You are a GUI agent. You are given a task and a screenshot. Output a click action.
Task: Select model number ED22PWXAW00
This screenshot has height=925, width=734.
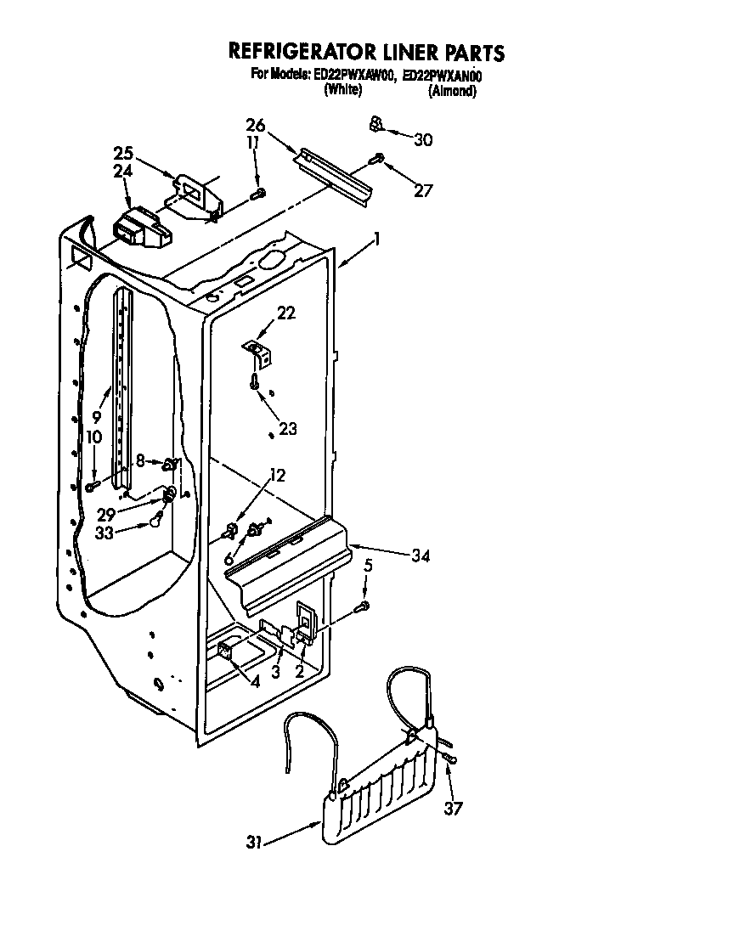click(354, 76)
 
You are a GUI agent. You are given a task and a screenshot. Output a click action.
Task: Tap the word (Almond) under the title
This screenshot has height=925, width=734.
click(451, 91)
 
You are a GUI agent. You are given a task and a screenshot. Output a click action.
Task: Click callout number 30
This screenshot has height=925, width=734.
click(423, 140)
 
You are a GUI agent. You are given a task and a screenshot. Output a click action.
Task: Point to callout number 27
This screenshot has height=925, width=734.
click(422, 190)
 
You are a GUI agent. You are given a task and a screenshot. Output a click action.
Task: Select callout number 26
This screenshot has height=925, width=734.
click(256, 125)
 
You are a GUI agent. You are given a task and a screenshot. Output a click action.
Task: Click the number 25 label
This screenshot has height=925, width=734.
click(124, 153)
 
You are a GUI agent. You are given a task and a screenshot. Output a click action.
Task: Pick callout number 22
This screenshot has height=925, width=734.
click(286, 313)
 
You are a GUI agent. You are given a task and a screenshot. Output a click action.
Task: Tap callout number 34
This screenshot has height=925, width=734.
click(420, 556)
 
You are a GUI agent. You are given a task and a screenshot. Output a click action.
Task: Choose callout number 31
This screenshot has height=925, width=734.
click(253, 843)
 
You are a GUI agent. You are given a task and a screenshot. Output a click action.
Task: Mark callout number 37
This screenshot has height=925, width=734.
click(454, 808)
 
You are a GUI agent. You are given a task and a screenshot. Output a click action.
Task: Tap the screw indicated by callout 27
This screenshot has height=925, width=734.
click(378, 158)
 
